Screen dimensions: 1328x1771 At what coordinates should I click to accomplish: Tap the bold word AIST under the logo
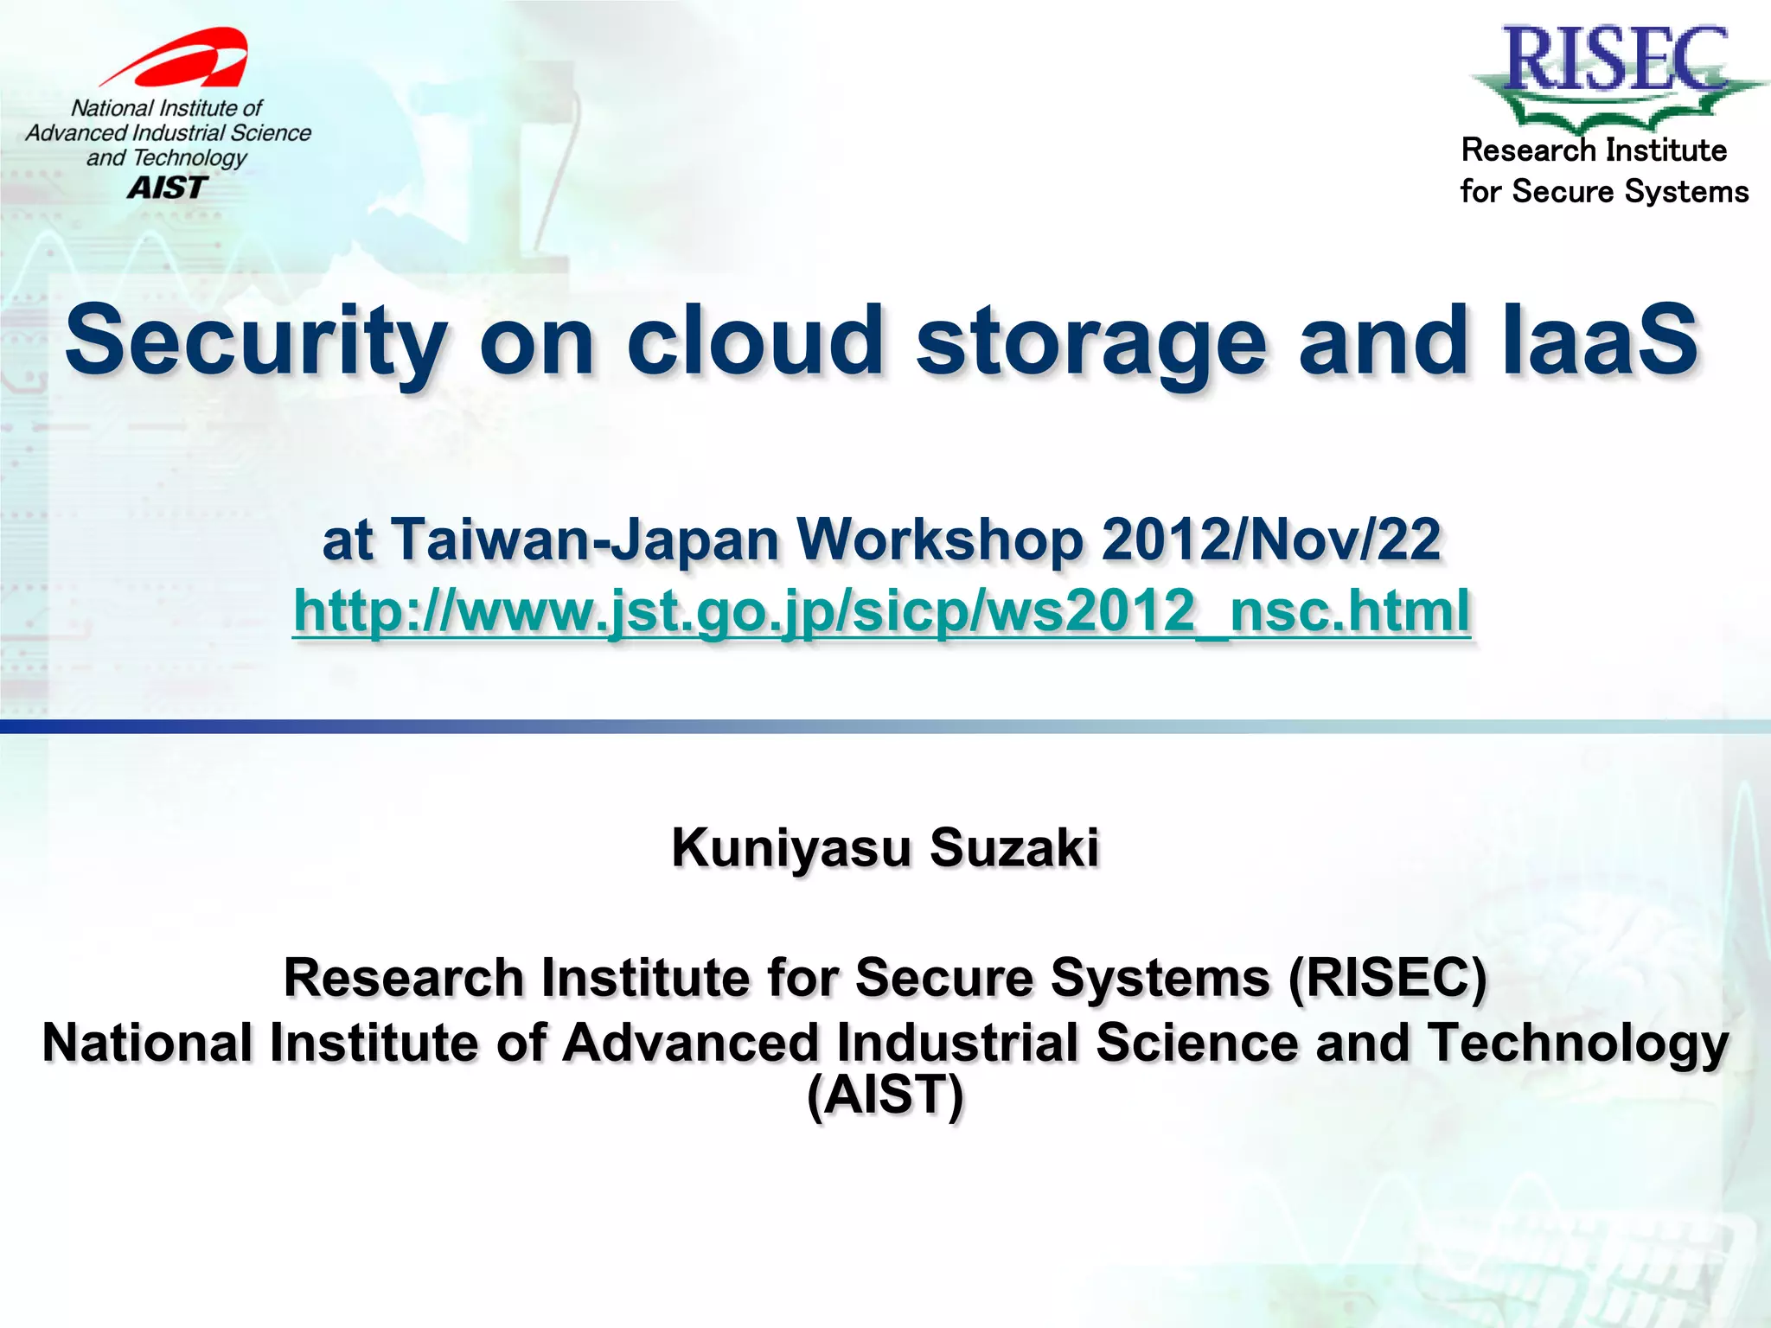tap(168, 187)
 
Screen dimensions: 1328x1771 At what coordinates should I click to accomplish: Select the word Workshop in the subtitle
tap(940, 539)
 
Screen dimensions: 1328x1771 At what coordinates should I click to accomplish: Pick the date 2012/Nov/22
tap(1271, 539)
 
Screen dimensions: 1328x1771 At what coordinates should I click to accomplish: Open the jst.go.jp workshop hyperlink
tap(881, 610)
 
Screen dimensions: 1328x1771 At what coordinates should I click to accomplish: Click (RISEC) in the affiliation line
tap(1387, 978)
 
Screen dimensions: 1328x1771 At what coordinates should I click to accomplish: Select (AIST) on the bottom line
tap(885, 1095)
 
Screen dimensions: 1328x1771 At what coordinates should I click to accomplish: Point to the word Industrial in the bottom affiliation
tap(957, 1042)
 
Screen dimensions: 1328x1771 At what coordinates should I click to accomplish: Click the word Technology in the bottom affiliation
tap(1577, 1042)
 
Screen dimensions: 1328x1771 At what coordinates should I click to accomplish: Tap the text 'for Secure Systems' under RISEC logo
tap(1604, 191)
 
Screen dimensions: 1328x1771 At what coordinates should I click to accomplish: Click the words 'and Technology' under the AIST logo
tap(166, 158)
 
